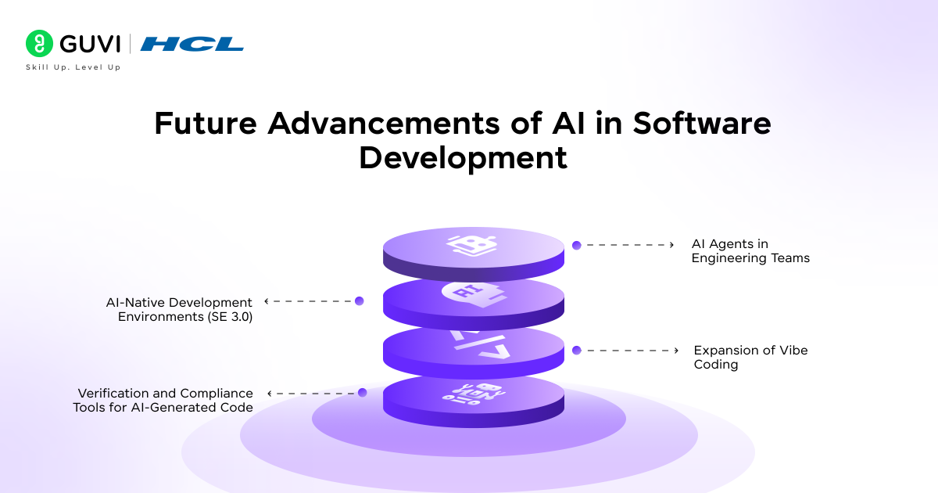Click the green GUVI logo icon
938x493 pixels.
tap(38, 44)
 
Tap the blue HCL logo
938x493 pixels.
tap(192, 45)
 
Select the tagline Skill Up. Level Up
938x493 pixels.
tap(73, 67)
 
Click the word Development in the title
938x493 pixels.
tap(463, 157)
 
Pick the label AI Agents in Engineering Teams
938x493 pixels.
tap(750, 251)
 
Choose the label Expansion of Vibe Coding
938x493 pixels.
tap(750, 357)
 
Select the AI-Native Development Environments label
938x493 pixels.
tap(179, 309)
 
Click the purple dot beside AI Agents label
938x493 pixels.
tap(576, 245)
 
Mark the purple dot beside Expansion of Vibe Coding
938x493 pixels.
tap(576, 351)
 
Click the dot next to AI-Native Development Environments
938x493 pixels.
tap(360, 300)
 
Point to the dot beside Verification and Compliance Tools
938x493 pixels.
tap(362, 393)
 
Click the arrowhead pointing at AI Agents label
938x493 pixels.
tap(671, 245)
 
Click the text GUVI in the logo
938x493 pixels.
tap(88, 44)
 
